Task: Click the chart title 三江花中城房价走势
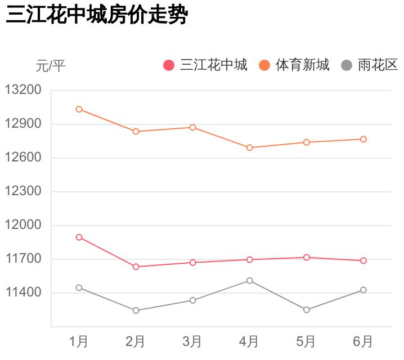point(96,16)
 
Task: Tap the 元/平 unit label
point(51,66)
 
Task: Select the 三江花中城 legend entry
point(206,65)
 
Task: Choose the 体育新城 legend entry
point(294,65)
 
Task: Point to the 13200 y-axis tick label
point(23,90)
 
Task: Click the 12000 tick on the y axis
point(23,225)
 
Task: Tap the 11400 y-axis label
point(23,292)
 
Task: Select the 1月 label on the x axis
point(79,341)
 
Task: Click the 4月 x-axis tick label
point(249,341)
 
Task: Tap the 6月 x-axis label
point(363,341)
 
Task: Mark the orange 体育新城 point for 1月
point(79,109)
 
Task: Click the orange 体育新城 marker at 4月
point(249,147)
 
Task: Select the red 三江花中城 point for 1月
point(79,237)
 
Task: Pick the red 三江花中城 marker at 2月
point(136,267)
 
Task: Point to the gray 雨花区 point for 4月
point(249,281)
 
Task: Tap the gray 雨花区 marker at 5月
point(307,310)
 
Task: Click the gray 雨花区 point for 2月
point(136,310)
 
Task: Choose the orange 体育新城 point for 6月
point(363,139)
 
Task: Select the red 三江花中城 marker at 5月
point(307,257)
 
